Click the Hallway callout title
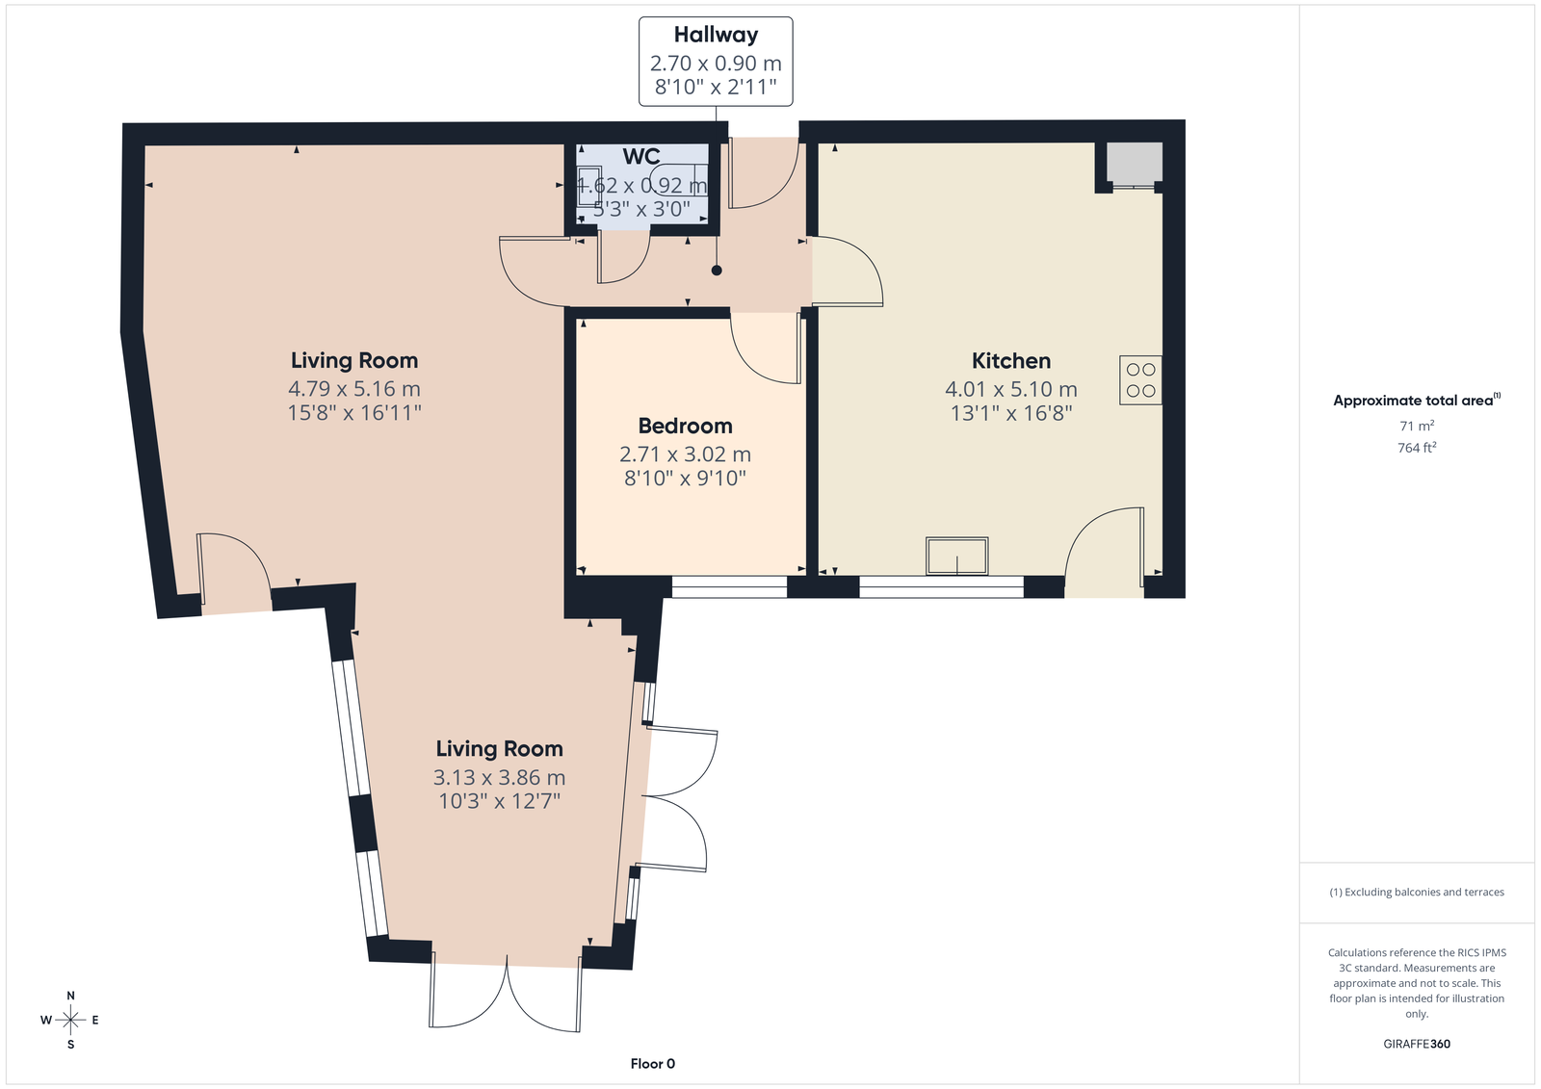tap(716, 35)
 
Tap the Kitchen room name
tap(1010, 360)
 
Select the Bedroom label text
tap(685, 426)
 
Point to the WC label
tap(641, 157)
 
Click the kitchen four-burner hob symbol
tap(1140, 379)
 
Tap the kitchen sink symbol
tap(957, 556)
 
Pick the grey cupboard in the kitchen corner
tap(1135, 164)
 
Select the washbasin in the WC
tap(589, 186)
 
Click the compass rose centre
tap(71, 1020)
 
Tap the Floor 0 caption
tap(653, 1064)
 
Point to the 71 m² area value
tap(1417, 426)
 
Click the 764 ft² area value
tap(1417, 448)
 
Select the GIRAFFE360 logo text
tap(1417, 1044)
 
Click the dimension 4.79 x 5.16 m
tap(354, 389)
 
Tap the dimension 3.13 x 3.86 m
tap(500, 777)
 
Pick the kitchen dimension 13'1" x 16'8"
tap(1011, 413)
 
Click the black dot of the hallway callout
tap(717, 271)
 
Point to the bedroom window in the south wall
tap(729, 586)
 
